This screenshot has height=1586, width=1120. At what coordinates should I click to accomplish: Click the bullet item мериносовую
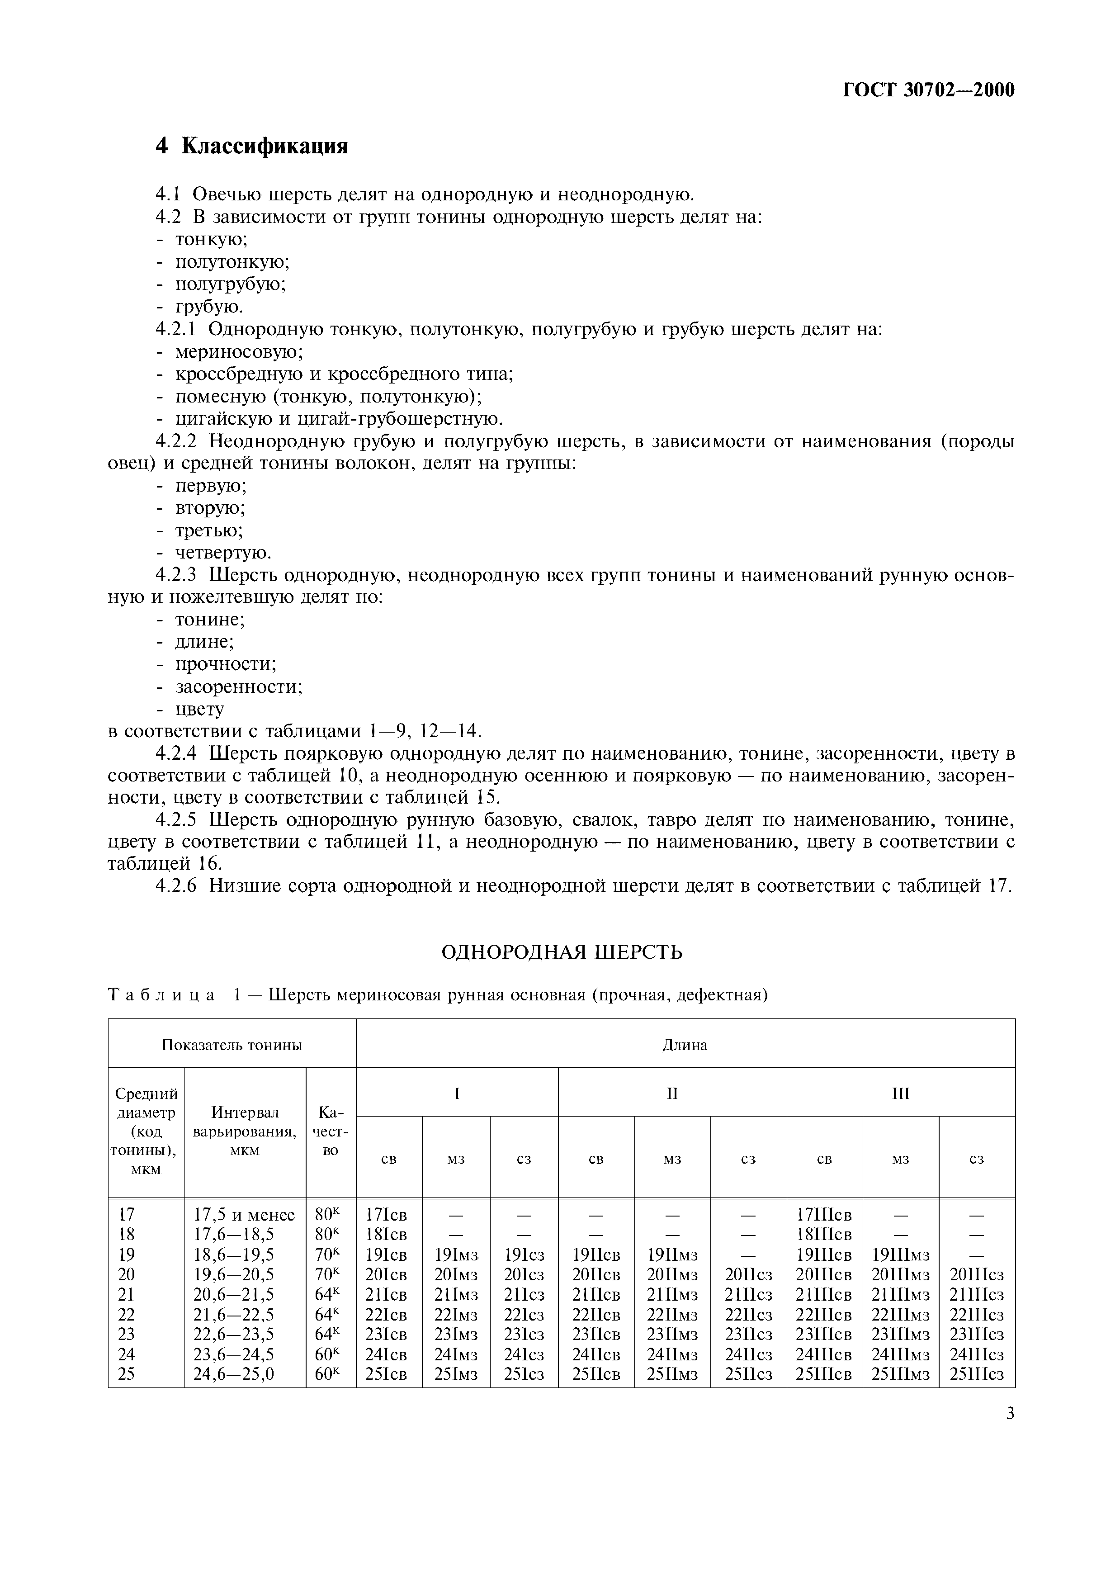[x=239, y=351]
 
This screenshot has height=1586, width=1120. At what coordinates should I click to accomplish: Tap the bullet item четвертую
[x=223, y=553]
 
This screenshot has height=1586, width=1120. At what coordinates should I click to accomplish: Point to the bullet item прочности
[x=226, y=664]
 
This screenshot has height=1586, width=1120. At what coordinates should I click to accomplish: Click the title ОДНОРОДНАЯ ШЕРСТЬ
[x=562, y=952]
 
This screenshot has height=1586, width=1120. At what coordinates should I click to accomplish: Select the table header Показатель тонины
[x=232, y=1044]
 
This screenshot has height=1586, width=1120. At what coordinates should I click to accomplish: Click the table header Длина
[x=685, y=1044]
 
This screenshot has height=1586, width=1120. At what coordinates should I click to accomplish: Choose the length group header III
[x=900, y=1094]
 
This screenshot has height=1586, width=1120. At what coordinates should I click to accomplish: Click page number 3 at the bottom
[x=1010, y=1413]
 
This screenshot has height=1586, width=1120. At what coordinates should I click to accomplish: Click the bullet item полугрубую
[x=231, y=284]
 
